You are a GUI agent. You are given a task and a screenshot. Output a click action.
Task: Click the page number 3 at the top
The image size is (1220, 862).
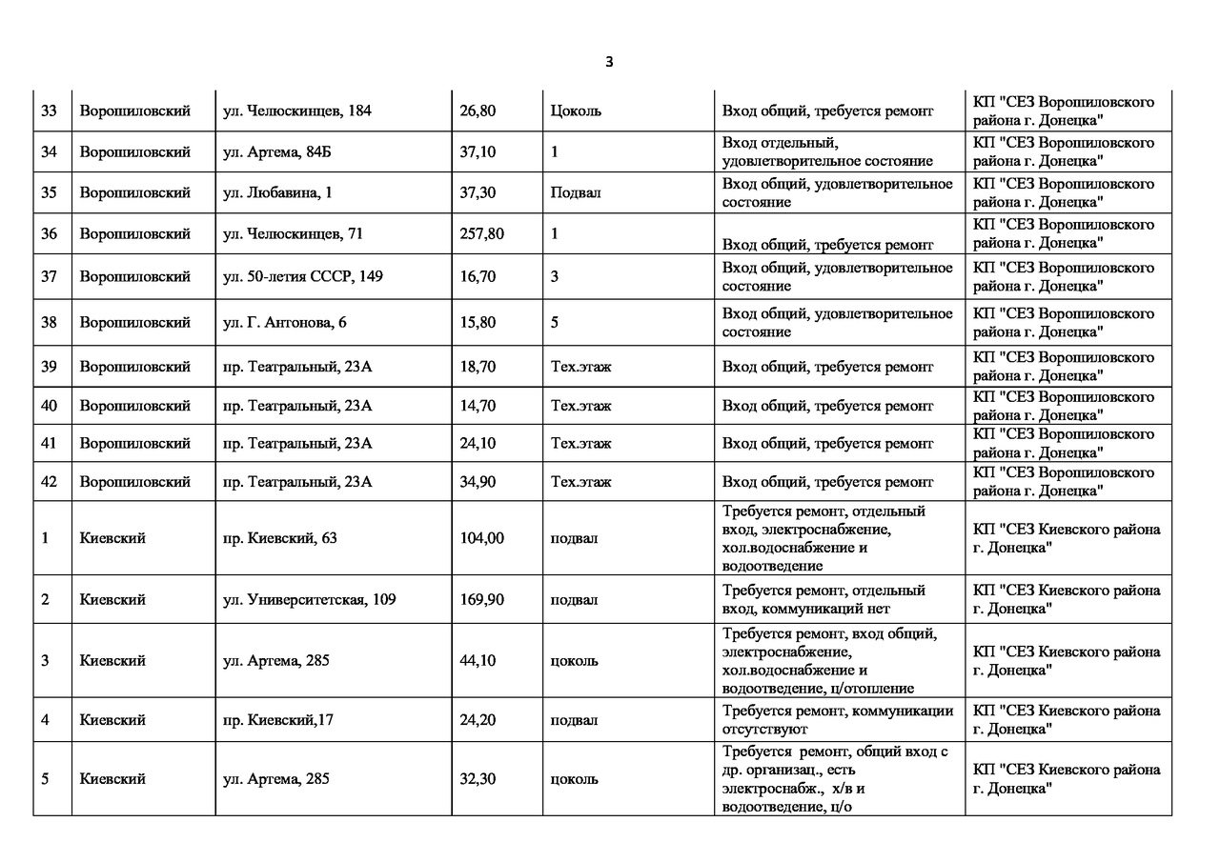click(x=609, y=62)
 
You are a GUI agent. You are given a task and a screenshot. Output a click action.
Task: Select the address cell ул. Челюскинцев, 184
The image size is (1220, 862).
click(x=296, y=111)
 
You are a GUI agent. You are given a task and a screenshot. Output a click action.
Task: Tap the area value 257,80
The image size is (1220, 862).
click(x=481, y=234)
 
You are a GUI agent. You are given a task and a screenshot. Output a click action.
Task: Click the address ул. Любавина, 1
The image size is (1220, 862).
click(x=277, y=193)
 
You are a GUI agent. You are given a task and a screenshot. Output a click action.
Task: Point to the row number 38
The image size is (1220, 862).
click(x=50, y=323)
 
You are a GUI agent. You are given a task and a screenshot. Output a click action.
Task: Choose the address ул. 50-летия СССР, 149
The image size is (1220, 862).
click(x=303, y=277)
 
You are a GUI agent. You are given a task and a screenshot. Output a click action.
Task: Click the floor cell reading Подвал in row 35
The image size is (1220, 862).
click(x=576, y=193)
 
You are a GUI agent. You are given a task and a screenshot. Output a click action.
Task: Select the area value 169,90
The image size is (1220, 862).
click(x=481, y=600)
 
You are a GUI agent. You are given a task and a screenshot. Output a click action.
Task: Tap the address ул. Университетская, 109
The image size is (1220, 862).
click(x=309, y=600)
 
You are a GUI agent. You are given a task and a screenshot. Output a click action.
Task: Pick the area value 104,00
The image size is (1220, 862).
click(x=481, y=538)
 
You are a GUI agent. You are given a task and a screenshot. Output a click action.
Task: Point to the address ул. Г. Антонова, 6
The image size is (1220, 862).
click(x=284, y=323)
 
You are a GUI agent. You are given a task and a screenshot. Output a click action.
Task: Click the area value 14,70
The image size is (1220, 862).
click(x=478, y=406)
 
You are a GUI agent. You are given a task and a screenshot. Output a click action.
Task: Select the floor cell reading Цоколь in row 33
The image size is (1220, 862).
click(x=576, y=111)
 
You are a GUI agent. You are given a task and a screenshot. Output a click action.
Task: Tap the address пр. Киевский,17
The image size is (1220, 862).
click(x=277, y=720)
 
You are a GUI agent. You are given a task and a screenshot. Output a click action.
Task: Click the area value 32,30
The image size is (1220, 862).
click(x=478, y=779)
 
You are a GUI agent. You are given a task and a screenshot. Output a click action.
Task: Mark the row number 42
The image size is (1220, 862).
click(x=50, y=482)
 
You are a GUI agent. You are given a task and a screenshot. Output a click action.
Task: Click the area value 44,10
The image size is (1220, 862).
click(x=478, y=661)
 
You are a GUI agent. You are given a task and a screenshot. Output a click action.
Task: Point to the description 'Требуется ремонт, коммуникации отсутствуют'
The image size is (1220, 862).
click(x=838, y=720)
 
